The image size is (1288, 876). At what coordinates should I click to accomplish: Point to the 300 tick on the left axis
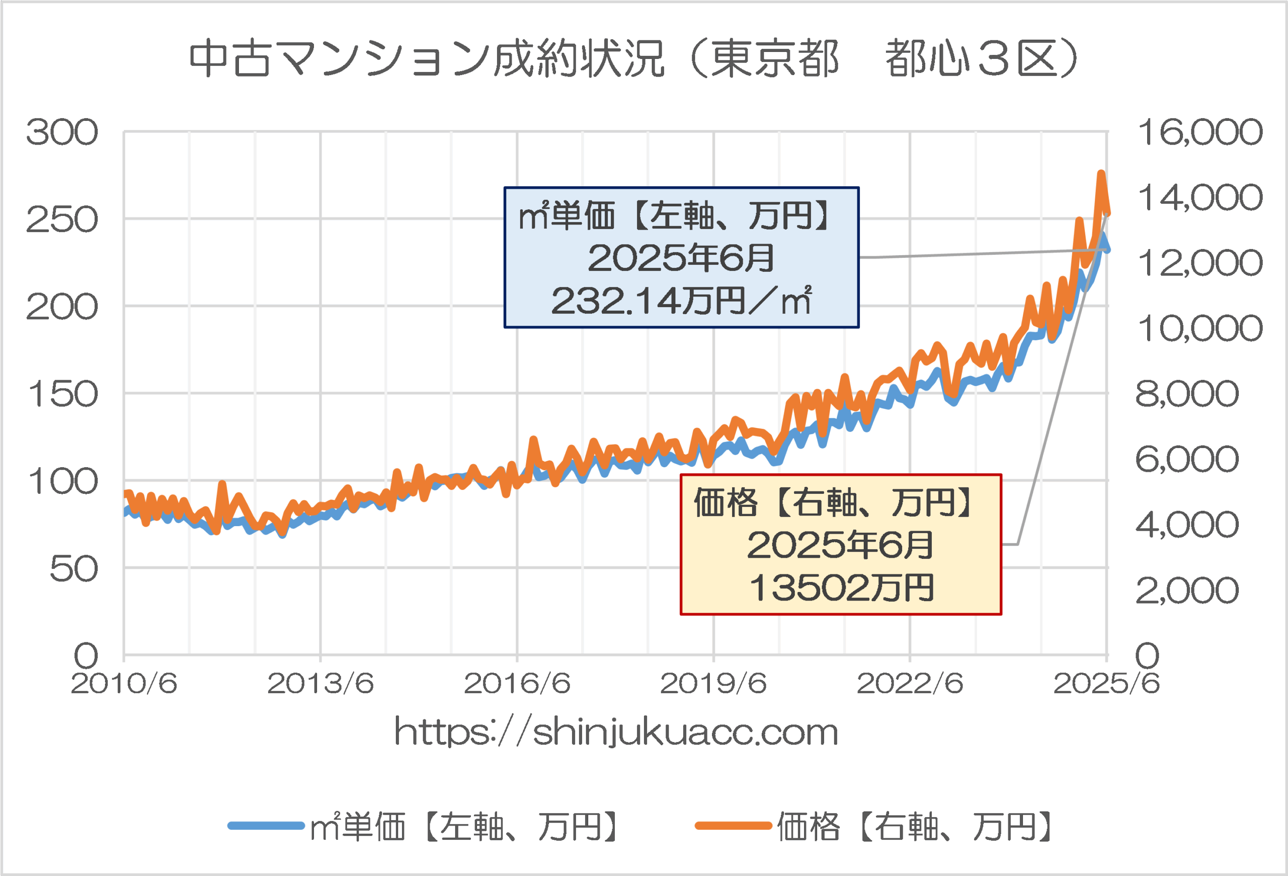[x=62, y=133]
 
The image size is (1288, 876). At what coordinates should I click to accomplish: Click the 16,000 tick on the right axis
[x=1200, y=132]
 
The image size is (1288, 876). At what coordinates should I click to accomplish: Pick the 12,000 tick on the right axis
[x=1200, y=263]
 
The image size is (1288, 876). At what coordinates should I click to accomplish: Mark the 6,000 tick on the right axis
[x=1186, y=459]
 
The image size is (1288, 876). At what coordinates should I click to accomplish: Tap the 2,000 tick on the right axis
[x=1186, y=590]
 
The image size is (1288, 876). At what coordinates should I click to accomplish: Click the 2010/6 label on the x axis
[x=124, y=684]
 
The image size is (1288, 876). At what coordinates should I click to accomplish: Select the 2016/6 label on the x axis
[x=517, y=684]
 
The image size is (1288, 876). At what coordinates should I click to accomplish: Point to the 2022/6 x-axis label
[x=910, y=684]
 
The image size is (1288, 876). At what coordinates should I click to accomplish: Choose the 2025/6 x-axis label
[x=1106, y=684]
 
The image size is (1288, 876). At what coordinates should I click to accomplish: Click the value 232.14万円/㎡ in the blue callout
[x=681, y=301]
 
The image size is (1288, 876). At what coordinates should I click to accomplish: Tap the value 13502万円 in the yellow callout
[x=841, y=588]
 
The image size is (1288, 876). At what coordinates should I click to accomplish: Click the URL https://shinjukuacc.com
[x=616, y=733]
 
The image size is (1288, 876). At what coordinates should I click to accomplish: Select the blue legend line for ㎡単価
[x=266, y=826]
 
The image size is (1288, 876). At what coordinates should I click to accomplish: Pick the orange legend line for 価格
[x=733, y=826]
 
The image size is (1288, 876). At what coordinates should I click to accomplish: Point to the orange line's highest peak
[x=1101, y=174]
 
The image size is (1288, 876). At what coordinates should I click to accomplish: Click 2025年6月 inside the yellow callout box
[x=841, y=545]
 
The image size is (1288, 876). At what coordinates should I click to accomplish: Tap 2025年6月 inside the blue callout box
[x=681, y=258]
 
